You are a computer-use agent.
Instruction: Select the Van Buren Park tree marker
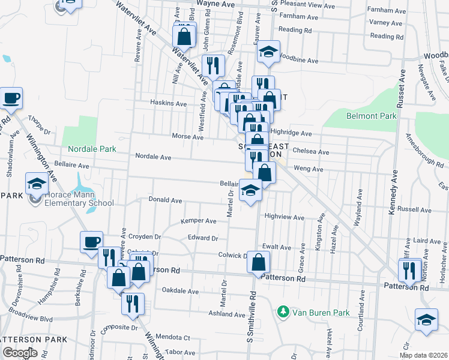click(x=282, y=312)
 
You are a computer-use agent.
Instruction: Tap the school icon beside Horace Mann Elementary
click(x=36, y=184)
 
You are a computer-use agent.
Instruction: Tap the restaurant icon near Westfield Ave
click(x=213, y=65)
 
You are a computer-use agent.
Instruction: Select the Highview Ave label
click(x=285, y=217)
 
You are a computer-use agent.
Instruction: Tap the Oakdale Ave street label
click(x=180, y=291)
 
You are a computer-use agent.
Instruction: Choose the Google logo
click(x=20, y=353)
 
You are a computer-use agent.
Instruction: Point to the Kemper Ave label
click(x=198, y=221)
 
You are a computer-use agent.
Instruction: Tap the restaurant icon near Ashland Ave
click(x=133, y=303)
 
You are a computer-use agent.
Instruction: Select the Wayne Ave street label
click(x=220, y=4)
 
